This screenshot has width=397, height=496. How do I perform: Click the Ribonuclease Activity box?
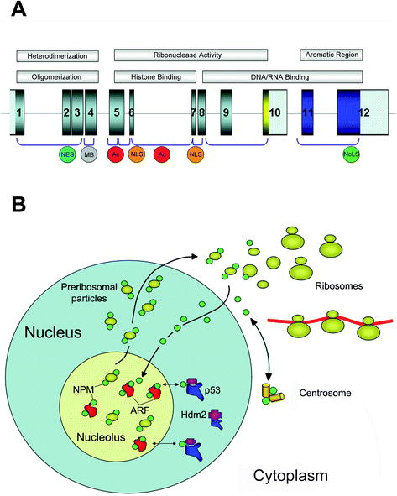coord(196,56)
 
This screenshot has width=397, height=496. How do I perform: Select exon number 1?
coord(19,112)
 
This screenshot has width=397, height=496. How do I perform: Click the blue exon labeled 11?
coord(308,112)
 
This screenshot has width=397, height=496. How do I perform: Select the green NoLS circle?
coord(350,155)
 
